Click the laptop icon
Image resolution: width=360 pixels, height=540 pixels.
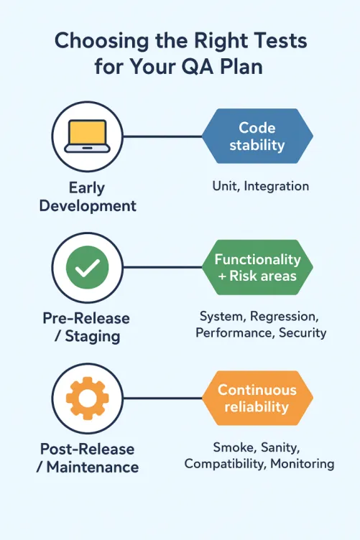[x=86, y=136]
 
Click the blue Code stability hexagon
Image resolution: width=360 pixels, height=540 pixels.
[x=257, y=136]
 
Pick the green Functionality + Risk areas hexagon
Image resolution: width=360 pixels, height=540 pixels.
[x=257, y=268]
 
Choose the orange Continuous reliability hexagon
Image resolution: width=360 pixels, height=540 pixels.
[x=257, y=399]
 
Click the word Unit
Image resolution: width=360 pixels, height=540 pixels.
[x=226, y=186]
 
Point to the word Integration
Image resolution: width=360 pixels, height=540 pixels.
[x=277, y=186]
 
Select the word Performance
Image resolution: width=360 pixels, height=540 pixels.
[x=229, y=332]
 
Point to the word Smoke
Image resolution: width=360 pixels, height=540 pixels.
[x=231, y=447]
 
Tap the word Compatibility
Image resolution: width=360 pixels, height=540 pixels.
[x=225, y=464]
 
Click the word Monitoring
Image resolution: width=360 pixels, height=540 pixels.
[x=302, y=464]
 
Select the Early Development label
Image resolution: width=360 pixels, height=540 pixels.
[x=87, y=196]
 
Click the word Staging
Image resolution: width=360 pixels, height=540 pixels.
[x=94, y=336]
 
